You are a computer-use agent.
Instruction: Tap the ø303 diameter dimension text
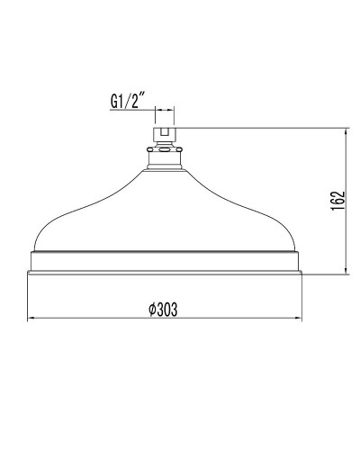tap(162, 309)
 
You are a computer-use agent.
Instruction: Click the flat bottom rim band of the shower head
tap(164, 263)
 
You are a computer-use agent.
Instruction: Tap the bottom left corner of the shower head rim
tap(30, 271)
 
